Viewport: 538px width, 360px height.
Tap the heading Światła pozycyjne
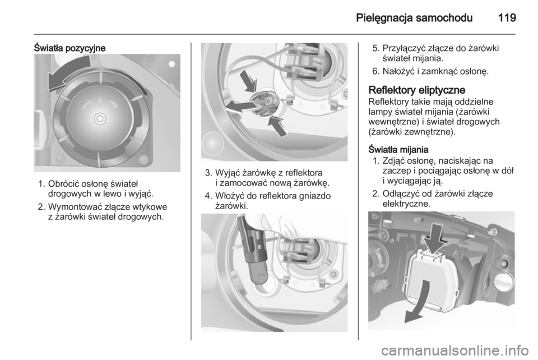click(69, 48)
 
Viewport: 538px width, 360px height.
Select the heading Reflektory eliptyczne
click(416, 90)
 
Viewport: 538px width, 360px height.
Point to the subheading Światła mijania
click(398, 150)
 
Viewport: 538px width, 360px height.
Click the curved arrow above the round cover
click(68, 74)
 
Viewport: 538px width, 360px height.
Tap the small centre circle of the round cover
click(100, 119)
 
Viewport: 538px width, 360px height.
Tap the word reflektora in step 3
click(304, 173)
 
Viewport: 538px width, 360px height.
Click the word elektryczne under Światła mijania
click(406, 204)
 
